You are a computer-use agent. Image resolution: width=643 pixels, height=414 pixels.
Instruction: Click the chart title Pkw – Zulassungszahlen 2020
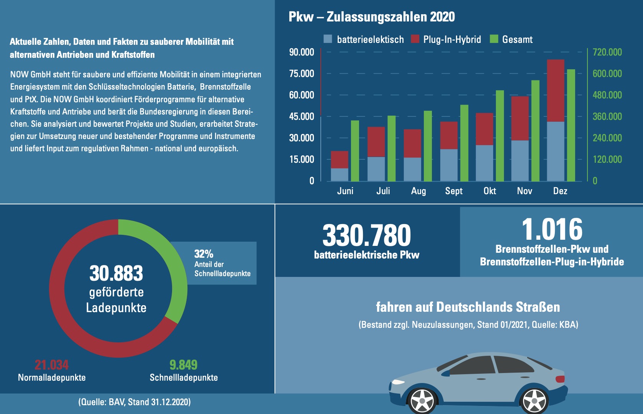point(371,17)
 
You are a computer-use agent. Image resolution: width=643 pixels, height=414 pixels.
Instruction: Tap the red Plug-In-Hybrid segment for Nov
point(520,118)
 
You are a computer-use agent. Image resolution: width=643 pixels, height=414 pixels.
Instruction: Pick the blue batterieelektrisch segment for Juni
point(340,175)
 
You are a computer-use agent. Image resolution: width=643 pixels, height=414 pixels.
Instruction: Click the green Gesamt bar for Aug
point(428,146)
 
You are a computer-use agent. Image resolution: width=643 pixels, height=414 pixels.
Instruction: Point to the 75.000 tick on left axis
point(302,74)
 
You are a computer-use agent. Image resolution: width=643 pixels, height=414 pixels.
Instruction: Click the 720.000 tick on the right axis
point(607,52)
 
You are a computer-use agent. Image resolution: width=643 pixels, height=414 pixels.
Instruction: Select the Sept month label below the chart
point(454,191)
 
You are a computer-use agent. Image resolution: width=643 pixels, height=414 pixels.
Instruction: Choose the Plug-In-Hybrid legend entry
point(446,39)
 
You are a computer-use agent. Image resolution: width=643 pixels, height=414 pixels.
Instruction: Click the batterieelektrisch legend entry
point(364,39)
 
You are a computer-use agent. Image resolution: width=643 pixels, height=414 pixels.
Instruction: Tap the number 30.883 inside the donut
point(116,273)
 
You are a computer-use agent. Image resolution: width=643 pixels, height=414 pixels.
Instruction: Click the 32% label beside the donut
point(203,254)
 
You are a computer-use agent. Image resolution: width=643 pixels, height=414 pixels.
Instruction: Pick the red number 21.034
point(51,365)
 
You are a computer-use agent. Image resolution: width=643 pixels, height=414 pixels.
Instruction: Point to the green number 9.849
point(183,365)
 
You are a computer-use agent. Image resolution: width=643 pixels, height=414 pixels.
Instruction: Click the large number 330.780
point(366,235)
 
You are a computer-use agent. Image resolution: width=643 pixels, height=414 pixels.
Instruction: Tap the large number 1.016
point(552,229)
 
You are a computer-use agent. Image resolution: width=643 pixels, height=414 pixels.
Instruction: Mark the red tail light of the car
point(560,379)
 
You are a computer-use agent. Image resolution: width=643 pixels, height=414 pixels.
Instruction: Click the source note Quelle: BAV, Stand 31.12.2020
point(135,402)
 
